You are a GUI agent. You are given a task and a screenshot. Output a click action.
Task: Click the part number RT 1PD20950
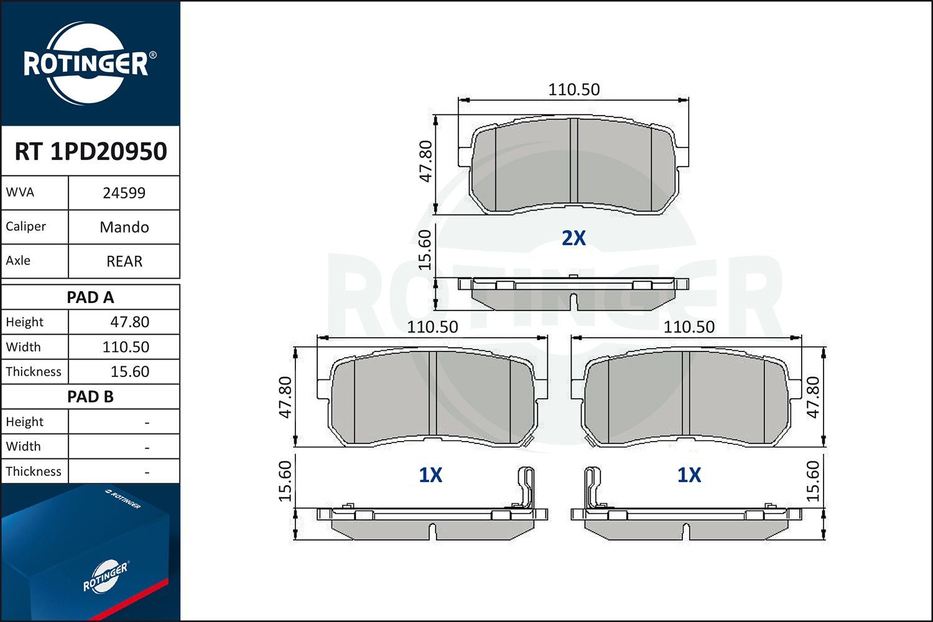click(x=90, y=151)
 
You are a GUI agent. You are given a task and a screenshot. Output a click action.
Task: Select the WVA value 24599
click(x=124, y=193)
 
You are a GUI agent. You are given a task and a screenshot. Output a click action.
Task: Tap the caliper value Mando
click(x=124, y=227)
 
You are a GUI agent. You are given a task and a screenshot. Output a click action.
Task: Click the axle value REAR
click(x=124, y=261)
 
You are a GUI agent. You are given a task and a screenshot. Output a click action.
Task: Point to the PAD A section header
click(x=90, y=297)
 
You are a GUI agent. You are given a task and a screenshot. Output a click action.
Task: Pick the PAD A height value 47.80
click(x=129, y=322)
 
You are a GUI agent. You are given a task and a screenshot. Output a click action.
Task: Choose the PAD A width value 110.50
click(x=126, y=347)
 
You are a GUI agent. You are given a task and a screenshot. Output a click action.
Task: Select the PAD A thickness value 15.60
click(x=129, y=372)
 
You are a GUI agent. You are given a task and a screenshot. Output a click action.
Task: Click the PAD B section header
click(x=90, y=397)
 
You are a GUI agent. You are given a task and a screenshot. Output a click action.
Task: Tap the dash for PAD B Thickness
click(x=147, y=472)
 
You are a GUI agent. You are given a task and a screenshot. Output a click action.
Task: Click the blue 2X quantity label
click(x=573, y=238)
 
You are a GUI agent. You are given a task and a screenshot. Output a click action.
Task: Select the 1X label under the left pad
click(x=430, y=475)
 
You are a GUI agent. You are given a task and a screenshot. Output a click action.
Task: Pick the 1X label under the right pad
click(x=689, y=475)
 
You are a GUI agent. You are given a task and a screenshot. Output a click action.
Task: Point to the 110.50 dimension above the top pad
click(x=573, y=90)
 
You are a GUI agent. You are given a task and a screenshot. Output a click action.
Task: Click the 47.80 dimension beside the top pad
click(x=425, y=162)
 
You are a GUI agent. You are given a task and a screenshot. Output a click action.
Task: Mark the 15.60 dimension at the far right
click(x=813, y=481)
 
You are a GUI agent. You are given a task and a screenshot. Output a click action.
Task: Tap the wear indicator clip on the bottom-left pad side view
click(x=526, y=488)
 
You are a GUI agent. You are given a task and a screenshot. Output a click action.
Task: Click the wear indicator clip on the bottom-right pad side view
click(x=593, y=488)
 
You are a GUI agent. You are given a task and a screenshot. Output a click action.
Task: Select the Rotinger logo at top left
click(x=86, y=63)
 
